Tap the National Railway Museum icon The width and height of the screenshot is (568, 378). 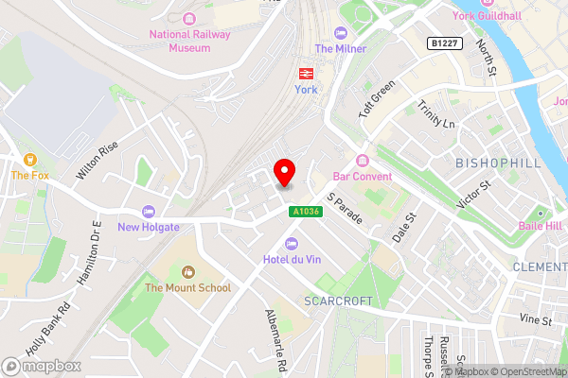pos(188,18)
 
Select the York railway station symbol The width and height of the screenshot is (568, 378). pos(306,72)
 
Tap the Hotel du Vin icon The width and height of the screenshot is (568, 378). pos(292,244)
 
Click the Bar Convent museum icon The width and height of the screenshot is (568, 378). pos(362,161)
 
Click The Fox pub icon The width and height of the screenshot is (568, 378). pos(30,159)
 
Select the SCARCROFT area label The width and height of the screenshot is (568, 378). pos(335,301)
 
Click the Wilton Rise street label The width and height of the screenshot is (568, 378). pos(98,160)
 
